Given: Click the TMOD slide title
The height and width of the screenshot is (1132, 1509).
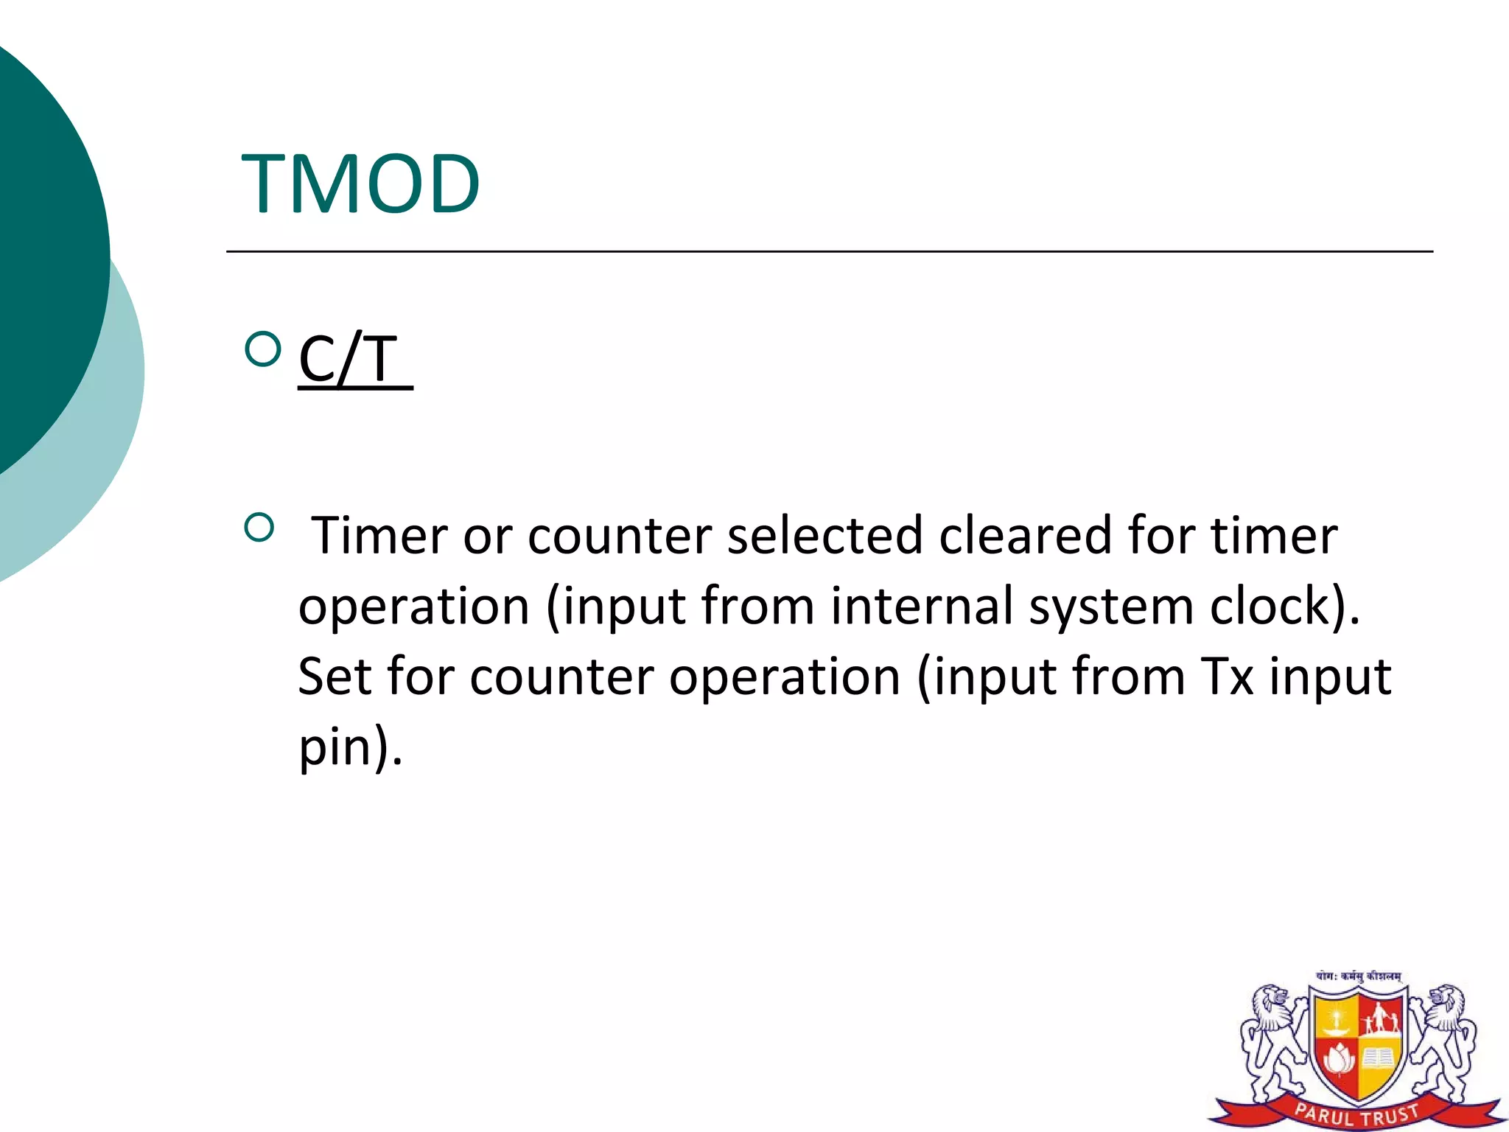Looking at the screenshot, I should tap(361, 184).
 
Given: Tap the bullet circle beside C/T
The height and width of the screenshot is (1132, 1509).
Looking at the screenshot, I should tap(262, 349).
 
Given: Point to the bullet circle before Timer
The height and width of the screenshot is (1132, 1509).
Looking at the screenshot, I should tap(259, 528).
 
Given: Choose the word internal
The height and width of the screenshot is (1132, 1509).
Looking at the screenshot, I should tap(922, 606).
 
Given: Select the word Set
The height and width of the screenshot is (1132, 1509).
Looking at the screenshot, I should tap(335, 677).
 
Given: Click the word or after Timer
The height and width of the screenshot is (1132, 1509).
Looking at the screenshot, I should tap(486, 537).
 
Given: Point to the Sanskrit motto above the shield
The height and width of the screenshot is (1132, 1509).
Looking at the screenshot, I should tap(1358, 976).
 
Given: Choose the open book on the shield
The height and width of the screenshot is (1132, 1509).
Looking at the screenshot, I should tap(1377, 1058).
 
